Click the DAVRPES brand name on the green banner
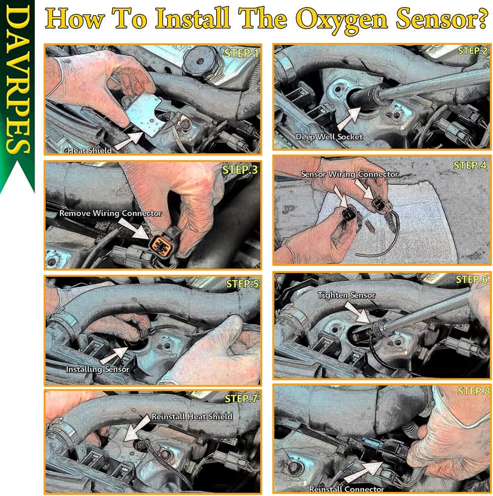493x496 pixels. (x=17, y=79)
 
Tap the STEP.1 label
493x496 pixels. (x=242, y=53)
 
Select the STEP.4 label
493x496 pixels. (x=470, y=165)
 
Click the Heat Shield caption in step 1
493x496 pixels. (x=90, y=150)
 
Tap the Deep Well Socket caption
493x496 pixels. (x=329, y=137)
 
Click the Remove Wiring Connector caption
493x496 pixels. (x=111, y=213)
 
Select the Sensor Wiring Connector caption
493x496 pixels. (x=350, y=174)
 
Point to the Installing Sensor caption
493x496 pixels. (x=97, y=369)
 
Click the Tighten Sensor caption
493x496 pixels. (x=346, y=295)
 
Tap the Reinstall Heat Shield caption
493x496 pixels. (x=192, y=416)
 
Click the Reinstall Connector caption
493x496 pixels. (x=346, y=489)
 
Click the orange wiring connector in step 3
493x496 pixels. (x=161, y=244)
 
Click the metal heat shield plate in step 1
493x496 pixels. (x=144, y=114)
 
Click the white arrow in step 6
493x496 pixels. (x=357, y=312)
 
